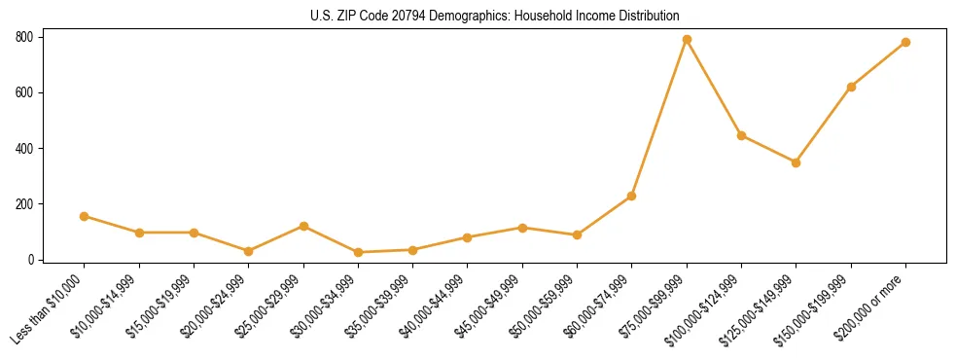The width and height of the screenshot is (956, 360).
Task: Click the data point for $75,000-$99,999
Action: pyautogui.click(x=687, y=40)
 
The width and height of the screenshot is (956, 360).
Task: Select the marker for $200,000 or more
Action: pyautogui.click(x=905, y=43)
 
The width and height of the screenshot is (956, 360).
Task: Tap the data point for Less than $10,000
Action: pyautogui.click(x=85, y=216)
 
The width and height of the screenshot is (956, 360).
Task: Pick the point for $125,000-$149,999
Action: pyautogui.click(x=796, y=162)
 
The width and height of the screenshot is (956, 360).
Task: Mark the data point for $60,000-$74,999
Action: pyautogui.click(x=632, y=197)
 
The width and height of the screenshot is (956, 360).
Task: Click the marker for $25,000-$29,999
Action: pyautogui.click(x=303, y=226)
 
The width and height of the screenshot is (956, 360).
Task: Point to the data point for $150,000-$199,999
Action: pyautogui.click(x=851, y=87)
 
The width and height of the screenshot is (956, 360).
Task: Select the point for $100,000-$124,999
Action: pyautogui.click(x=741, y=135)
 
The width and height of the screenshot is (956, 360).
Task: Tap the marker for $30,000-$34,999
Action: pyautogui.click(x=358, y=252)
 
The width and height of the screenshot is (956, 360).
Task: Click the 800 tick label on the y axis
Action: pyautogui.click(x=24, y=37)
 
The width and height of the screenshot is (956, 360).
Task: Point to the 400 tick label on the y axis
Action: pyautogui.click(x=24, y=149)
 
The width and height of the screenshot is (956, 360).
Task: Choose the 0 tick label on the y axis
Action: pyautogui.click(x=31, y=260)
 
